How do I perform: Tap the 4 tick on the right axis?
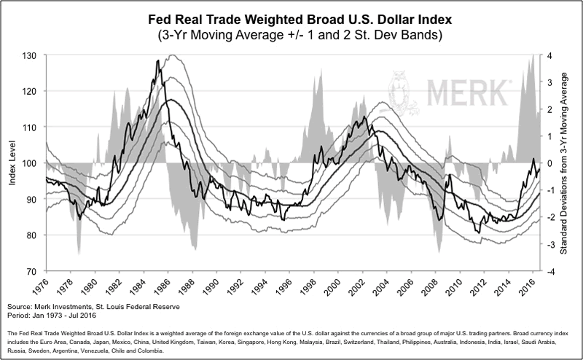pos(549,55)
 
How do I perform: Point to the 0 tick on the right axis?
pos(549,163)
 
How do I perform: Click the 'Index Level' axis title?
pos(13,163)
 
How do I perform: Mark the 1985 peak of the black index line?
pos(158,60)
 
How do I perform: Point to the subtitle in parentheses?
pos(291,34)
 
